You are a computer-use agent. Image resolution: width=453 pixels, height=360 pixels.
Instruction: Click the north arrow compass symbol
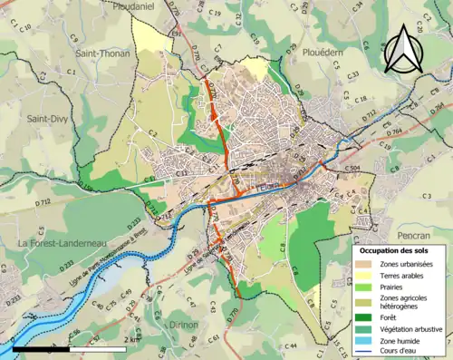tap(408, 49)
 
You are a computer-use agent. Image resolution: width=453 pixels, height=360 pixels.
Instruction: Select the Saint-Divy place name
tap(50, 119)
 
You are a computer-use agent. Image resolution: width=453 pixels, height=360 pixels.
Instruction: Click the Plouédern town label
tap(329, 54)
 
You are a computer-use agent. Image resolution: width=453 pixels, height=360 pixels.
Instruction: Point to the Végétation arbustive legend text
tap(410, 329)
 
